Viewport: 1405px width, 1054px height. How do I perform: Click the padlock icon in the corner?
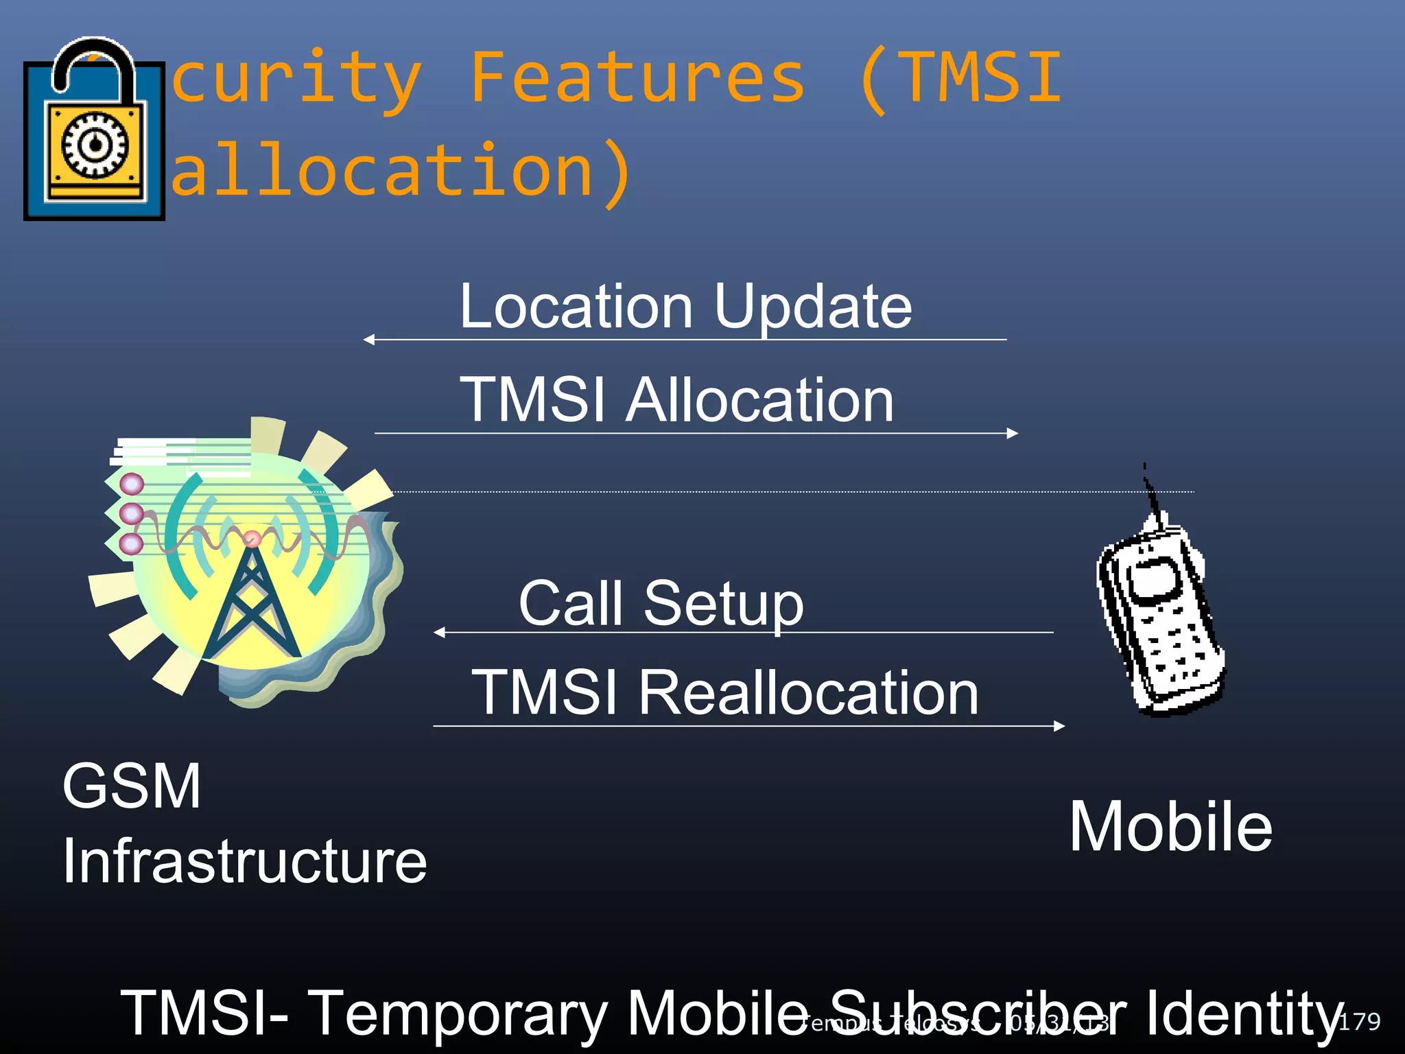[x=94, y=130]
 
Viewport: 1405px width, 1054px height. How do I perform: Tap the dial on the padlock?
[x=95, y=145]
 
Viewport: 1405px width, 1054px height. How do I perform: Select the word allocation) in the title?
[x=401, y=171]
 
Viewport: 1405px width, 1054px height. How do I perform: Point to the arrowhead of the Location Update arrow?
[x=368, y=339]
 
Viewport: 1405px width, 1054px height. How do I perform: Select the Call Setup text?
[x=661, y=603]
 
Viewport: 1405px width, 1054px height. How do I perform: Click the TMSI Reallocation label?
[x=725, y=693]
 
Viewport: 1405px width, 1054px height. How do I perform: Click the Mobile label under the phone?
[x=1170, y=827]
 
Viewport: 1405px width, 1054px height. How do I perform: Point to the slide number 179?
[x=1359, y=1021]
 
